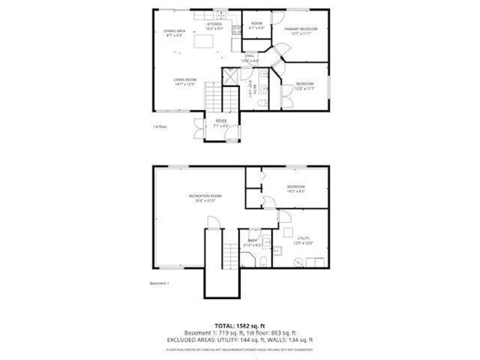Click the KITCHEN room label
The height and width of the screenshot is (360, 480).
click(214, 23)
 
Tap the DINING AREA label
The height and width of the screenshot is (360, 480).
click(174, 31)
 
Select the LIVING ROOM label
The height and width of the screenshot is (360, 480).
click(184, 80)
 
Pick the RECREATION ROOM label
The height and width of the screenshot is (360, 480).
click(205, 195)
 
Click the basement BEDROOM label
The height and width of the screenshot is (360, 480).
click(296, 187)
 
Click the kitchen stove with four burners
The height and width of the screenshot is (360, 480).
click(236, 29)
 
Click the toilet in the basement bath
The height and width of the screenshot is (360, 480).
click(263, 260)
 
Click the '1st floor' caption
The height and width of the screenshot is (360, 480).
click(160, 127)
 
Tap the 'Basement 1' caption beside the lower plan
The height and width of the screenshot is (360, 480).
click(158, 283)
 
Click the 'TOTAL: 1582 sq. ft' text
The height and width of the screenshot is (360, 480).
click(240, 325)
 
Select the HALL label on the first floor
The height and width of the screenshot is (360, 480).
click(250, 56)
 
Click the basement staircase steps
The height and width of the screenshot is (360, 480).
click(230, 255)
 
